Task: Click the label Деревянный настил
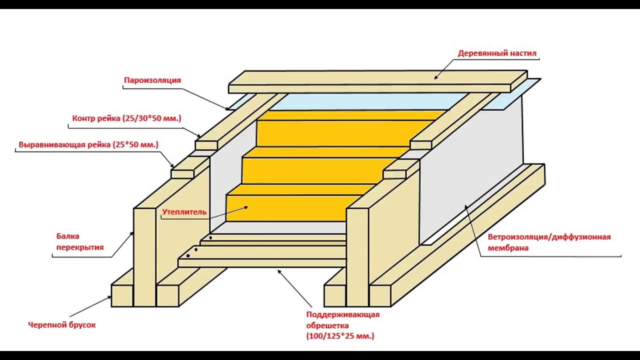coord(497,53)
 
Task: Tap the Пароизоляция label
coord(152,80)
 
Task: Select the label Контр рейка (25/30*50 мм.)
coord(126,118)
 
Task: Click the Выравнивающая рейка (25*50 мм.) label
coord(88,144)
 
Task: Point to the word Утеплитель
coord(184,212)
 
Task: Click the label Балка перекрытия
coord(80,241)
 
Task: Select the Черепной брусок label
coord(62,324)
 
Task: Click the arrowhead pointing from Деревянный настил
coord(436,77)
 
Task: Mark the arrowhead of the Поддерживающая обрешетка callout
coord(279,271)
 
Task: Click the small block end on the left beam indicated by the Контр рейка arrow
coord(206,145)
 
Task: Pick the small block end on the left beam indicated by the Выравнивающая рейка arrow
coord(182,174)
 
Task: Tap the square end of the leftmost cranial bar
coord(122,295)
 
